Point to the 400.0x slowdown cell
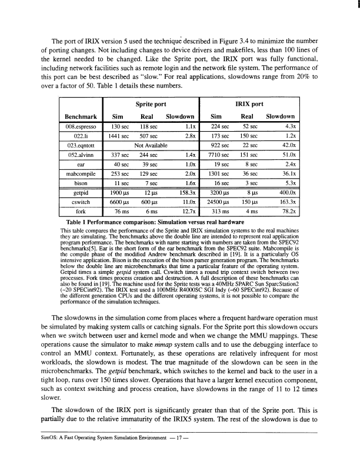pyautogui.click(x=283, y=192)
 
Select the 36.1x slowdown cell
pyautogui.click(x=285, y=173)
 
